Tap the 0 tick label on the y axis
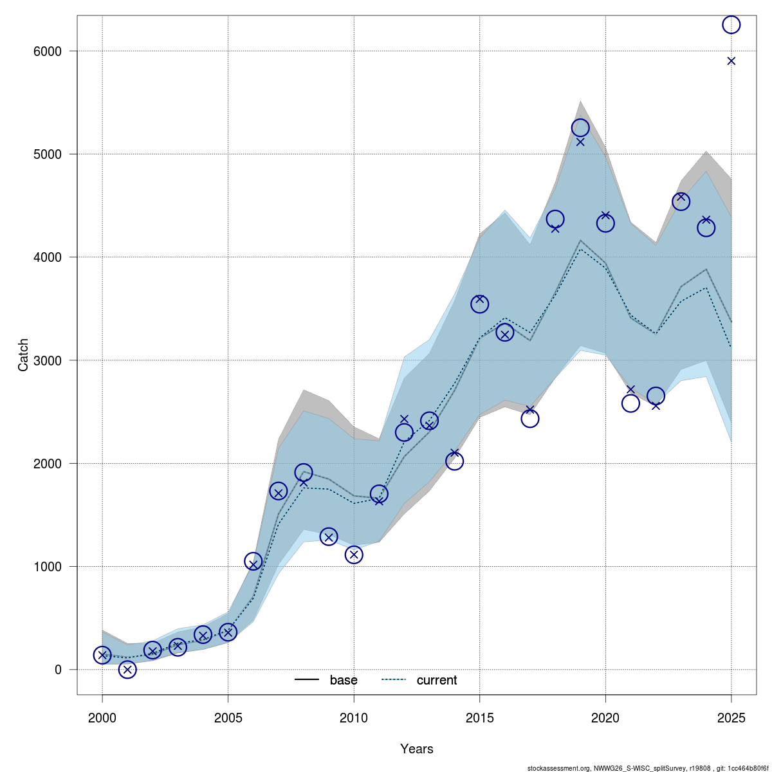pos(57,670)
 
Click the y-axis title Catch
pos(24,354)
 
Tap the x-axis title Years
pos(416,749)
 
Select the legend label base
pos(344,681)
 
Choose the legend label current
pos(437,681)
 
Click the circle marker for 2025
pos(731,24)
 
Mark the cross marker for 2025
pos(731,61)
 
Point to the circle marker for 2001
pos(127,670)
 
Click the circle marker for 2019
pos(580,128)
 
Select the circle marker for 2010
pos(354,555)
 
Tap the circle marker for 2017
pos(529,419)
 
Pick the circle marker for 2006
pos(253,562)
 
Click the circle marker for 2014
pos(454,461)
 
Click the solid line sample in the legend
pos(308,681)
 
